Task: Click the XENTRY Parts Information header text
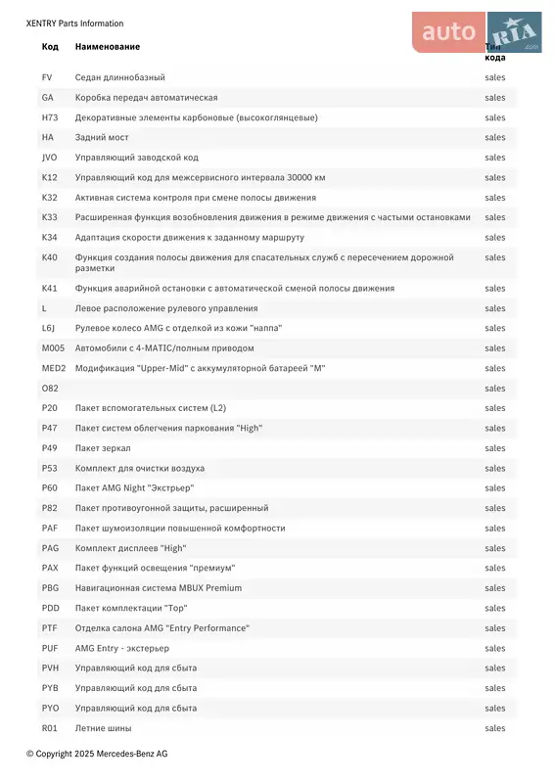coord(74,23)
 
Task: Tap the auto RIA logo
coord(477,32)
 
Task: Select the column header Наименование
coord(108,47)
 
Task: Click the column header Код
coord(50,47)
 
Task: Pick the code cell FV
coord(47,77)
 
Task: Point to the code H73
coord(50,117)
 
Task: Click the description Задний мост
coord(102,137)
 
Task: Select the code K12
coord(50,177)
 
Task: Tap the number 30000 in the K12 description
coord(300,177)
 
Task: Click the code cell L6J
coord(49,328)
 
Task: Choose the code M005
coord(53,347)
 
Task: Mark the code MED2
coord(54,368)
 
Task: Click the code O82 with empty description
coord(50,388)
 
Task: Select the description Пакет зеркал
coord(103,448)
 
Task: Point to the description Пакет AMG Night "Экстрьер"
coord(134,487)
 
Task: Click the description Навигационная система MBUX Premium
coord(159,587)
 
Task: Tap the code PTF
coord(50,627)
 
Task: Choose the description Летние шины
coord(103,727)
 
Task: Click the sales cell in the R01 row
coord(495,727)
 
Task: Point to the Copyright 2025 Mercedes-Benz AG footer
coord(97,754)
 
